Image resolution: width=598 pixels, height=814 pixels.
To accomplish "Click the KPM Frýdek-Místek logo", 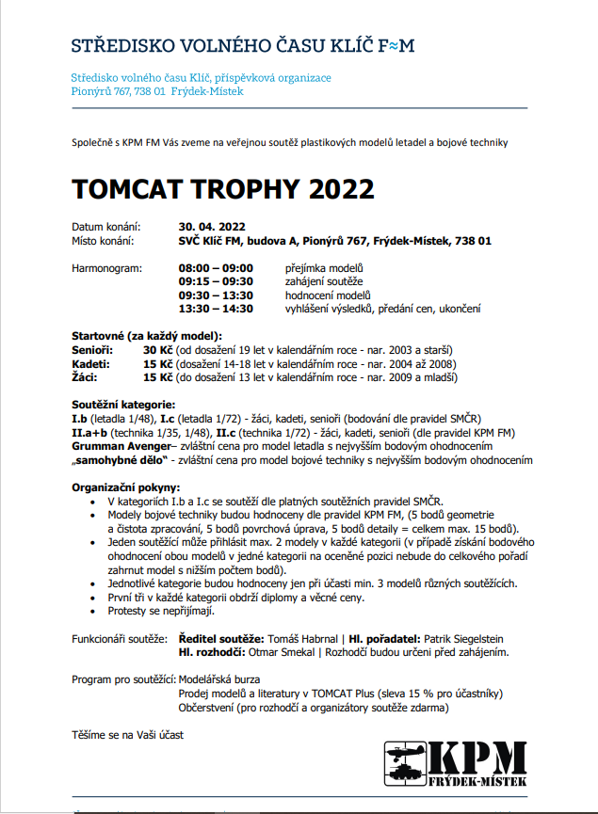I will tap(456, 764).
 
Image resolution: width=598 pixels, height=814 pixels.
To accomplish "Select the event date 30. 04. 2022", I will tap(212, 227).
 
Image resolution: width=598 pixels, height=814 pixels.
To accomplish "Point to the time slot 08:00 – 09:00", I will tap(216, 268).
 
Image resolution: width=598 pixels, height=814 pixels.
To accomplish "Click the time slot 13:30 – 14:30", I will tap(216, 308).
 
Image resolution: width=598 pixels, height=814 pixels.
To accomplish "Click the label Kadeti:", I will tap(91, 363).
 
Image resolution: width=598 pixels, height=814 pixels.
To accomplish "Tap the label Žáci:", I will tap(88, 376).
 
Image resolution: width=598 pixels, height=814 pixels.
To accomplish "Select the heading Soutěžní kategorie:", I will tap(123, 404).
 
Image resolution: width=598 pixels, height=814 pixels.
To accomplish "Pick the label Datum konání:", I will tap(106, 227).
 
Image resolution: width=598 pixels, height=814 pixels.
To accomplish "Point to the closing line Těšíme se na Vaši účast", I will tap(127, 733).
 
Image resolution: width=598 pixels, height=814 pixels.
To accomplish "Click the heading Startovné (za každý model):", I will tap(147, 336).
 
